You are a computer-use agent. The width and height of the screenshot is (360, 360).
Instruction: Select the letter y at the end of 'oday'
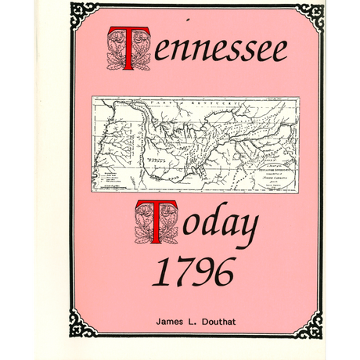point(246,229)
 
